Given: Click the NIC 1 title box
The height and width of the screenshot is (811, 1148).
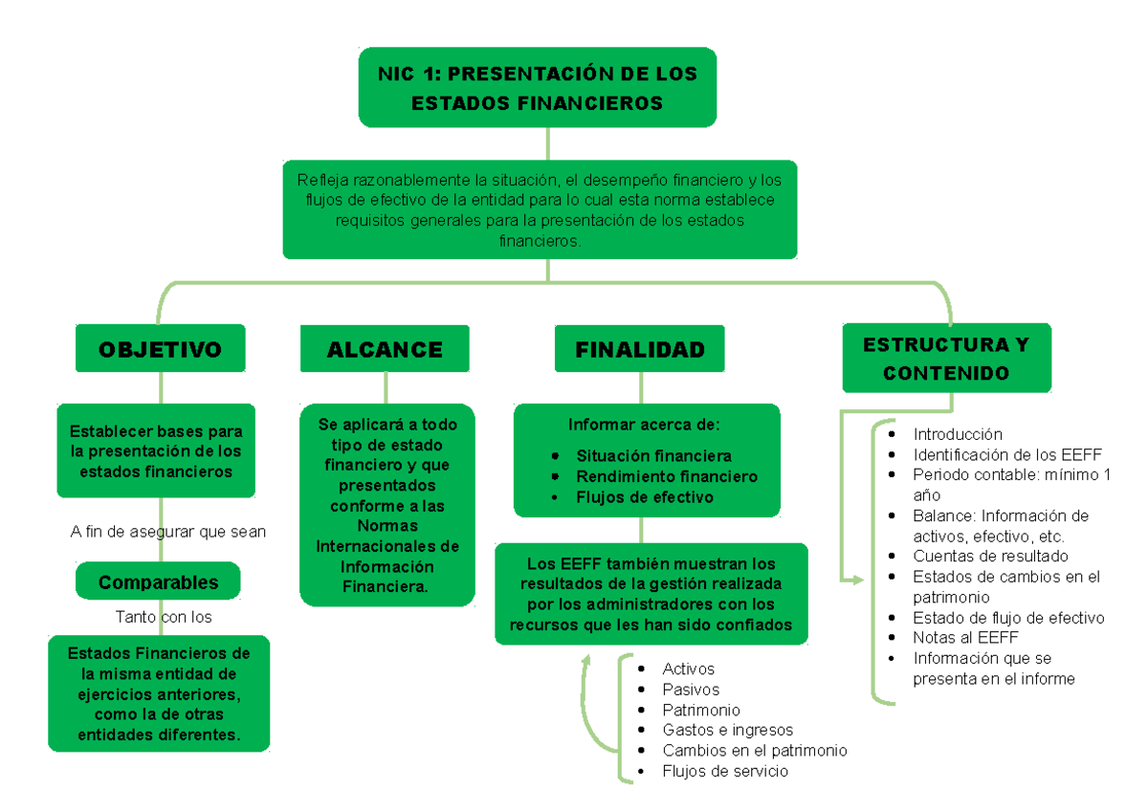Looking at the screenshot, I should tap(537, 87).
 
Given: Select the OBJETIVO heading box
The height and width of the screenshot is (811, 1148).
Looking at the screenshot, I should tap(160, 349).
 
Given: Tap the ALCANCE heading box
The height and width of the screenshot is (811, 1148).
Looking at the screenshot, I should tap(385, 349).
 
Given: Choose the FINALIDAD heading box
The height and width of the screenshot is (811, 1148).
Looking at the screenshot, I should tap(639, 349).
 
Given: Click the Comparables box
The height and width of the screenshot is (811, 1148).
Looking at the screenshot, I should tap(158, 582).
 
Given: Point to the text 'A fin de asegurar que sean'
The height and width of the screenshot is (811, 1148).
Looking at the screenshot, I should tap(168, 532).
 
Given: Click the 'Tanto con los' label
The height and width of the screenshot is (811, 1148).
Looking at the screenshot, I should tap(164, 617).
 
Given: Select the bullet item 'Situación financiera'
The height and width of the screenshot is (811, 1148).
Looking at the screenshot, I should tap(653, 455).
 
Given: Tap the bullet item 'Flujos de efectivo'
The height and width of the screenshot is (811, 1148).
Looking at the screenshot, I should tap(644, 497).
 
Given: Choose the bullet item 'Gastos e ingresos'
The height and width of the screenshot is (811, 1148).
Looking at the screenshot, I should tap(727, 730).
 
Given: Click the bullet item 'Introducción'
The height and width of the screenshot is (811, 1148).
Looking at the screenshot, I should tap(958, 434).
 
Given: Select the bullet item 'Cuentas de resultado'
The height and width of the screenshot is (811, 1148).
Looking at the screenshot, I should tap(990, 556).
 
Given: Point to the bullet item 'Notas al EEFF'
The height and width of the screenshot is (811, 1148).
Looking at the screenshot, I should tap(965, 637).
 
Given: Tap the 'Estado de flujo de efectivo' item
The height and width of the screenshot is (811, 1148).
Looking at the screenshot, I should tap(1008, 617).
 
